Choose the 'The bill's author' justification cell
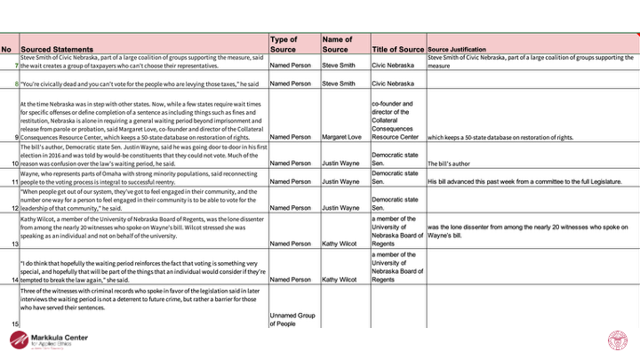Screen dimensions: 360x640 coord(459,164)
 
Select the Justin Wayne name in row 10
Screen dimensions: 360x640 coord(342,164)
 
